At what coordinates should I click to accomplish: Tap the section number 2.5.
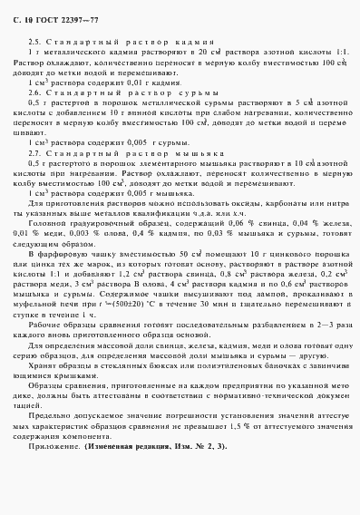35,43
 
